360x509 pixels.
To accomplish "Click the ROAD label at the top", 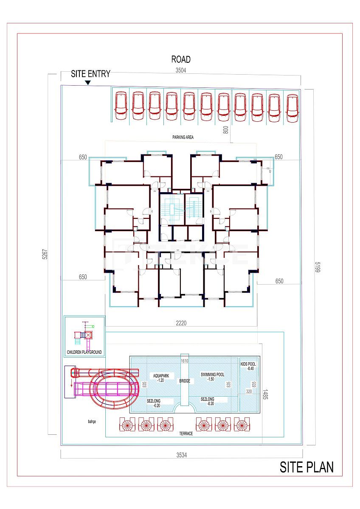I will click(181, 59).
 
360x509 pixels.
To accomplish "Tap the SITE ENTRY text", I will click(90, 74).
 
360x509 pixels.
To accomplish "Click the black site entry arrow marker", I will click(87, 83).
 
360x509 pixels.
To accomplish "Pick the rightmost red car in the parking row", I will click(292, 108).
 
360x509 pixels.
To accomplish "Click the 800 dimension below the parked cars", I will click(226, 129).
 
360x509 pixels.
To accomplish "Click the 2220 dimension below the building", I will click(181, 323).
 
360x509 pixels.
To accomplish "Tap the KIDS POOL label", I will click(248, 364).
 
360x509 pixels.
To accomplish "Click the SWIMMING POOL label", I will click(212, 375).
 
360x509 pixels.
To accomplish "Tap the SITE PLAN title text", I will click(306, 467).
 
